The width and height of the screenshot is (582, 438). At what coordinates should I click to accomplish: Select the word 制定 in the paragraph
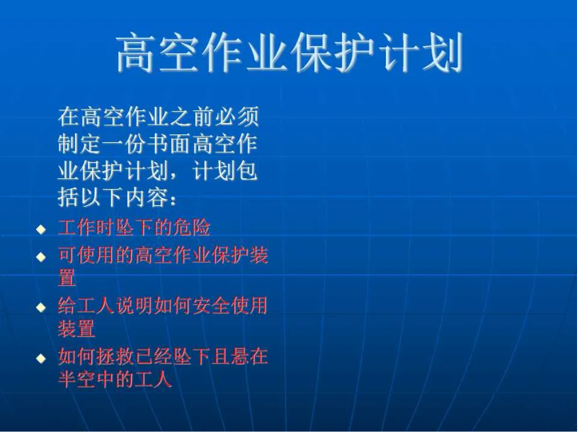click(x=78, y=144)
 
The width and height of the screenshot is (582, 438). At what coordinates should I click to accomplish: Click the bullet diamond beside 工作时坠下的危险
click(x=41, y=229)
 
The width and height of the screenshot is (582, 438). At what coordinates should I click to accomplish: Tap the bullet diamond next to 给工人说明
click(x=41, y=307)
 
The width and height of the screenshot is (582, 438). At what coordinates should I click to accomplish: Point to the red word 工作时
click(x=85, y=229)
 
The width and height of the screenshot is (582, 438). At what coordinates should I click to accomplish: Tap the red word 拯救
click(x=114, y=357)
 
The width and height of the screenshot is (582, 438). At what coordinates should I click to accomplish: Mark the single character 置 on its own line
click(x=67, y=278)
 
